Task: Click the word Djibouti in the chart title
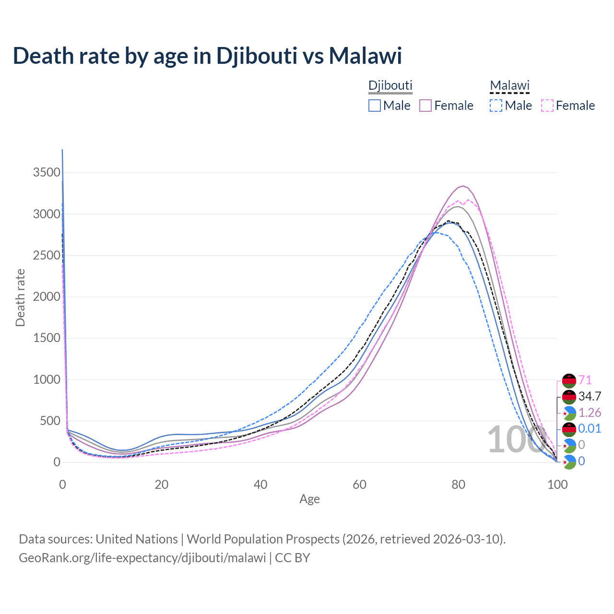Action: (256, 56)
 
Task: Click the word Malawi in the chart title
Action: (365, 56)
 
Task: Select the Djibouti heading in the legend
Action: (390, 85)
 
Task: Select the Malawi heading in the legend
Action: (509, 85)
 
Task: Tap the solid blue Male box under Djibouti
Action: (375, 106)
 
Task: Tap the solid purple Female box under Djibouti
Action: (425, 106)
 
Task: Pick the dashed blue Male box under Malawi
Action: (496, 106)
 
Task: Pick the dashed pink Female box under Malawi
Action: (547, 106)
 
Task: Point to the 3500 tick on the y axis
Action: (47, 173)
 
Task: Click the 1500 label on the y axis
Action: (47, 338)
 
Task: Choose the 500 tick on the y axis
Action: (50, 421)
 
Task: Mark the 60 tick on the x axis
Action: (359, 484)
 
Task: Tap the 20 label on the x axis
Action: (162, 484)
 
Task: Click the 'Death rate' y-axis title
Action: (20, 297)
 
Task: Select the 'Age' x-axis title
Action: (309, 499)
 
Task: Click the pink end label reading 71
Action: (585, 380)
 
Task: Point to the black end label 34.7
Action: (590, 397)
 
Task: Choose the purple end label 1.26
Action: (590, 413)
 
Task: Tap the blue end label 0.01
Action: (590, 428)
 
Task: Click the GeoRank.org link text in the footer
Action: (142, 558)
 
